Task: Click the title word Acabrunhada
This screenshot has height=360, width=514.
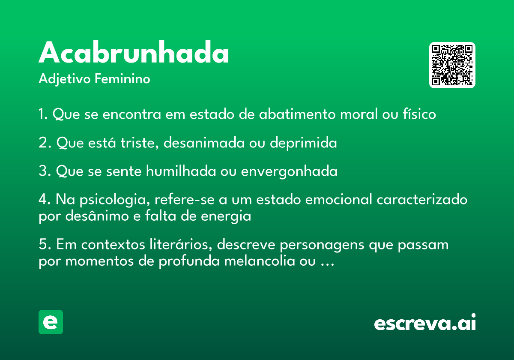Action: pyautogui.click(x=134, y=52)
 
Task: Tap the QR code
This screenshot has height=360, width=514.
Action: pyautogui.click(x=452, y=65)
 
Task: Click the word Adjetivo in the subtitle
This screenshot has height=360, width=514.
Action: pyautogui.click(x=65, y=79)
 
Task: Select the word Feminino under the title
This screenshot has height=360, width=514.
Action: pyautogui.click(x=123, y=78)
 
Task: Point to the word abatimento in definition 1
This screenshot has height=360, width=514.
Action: pyautogui.click(x=297, y=114)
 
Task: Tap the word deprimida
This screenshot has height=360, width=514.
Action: pyautogui.click(x=303, y=143)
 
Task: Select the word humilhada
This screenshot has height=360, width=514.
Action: pyautogui.click(x=181, y=171)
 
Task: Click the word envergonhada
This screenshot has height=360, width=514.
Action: pyautogui.click(x=289, y=171)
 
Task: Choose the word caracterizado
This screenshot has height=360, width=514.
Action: pyautogui.click(x=422, y=199)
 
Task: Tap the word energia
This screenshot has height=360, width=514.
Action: pyautogui.click(x=226, y=216)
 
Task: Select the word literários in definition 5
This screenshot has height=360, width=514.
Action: pyautogui.click(x=181, y=244)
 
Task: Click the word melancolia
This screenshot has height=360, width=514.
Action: pyautogui.click(x=260, y=261)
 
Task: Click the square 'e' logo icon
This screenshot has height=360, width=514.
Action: pyautogui.click(x=51, y=322)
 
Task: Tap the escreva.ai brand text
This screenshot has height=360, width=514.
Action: pyautogui.click(x=425, y=322)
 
